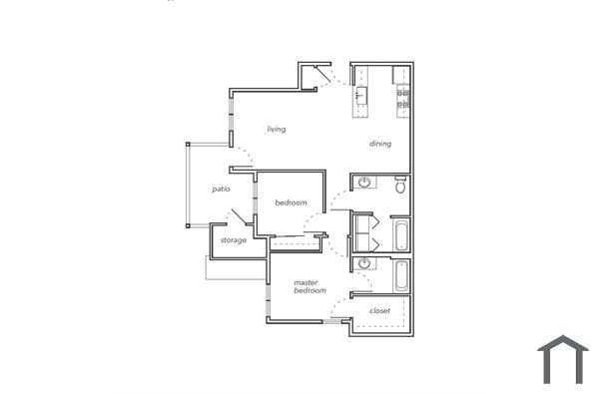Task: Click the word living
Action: (277, 129)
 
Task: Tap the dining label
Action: (380, 144)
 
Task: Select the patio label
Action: (222, 189)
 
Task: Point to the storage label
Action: (233, 240)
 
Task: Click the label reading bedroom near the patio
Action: (291, 202)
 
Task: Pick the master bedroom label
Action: (309, 286)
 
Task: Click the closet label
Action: (379, 310)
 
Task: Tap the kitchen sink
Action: (361, 96)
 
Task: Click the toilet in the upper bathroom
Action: (400, 186)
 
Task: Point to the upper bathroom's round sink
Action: (365, 183)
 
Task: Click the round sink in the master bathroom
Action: (365, 264)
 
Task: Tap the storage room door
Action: (239, 217)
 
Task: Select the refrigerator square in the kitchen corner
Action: (401, 74)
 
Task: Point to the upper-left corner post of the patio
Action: (187, 145)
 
